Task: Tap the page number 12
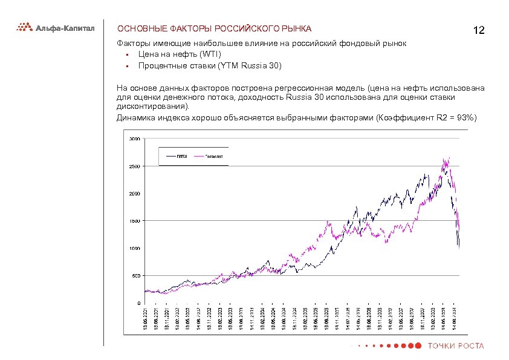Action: click(x=479, y=30)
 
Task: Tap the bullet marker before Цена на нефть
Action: click(x=128, y=55)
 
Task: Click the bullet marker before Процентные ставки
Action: click(x=128, y=66)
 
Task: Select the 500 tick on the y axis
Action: click(x=136, y=276)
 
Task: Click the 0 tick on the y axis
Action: click(x=139, y=303)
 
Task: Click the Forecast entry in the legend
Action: click(x=214, y=156)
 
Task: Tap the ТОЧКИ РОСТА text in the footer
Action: click(x=456, y=346)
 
